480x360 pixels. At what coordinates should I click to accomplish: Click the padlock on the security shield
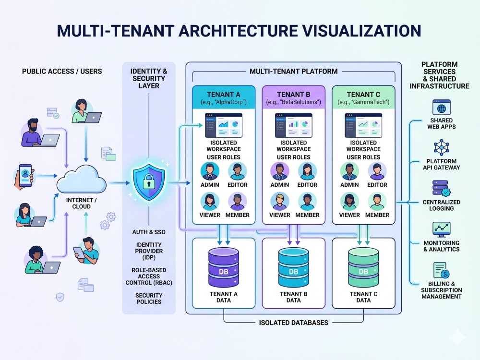[149, 181]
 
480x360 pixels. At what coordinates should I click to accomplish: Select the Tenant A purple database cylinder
[224, 267]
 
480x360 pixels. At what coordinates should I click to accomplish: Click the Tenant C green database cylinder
[363, 267]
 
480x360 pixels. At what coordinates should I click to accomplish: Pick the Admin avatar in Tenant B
[279, 171]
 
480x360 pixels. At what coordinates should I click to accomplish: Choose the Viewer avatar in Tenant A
[210, 201]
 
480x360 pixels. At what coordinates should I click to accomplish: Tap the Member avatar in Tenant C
[377, 201]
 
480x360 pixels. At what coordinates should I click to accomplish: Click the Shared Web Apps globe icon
[442, 108]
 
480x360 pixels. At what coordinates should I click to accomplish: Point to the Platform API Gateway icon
[442, 147]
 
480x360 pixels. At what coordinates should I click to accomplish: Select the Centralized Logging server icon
[441, 188]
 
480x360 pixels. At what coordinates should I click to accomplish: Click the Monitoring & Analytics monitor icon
[442, 229]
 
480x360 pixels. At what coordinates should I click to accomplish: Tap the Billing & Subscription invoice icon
[441, 270]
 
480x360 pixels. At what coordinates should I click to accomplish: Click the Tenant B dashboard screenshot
[294, 125]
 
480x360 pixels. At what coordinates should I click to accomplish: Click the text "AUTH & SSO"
[149, 232]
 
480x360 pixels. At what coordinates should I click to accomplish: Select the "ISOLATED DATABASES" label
[294, 323]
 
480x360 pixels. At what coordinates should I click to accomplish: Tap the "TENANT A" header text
[224, 94]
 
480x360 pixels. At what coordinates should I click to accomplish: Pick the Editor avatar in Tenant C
[377, 171]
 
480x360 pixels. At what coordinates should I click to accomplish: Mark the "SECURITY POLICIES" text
[149, 299]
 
